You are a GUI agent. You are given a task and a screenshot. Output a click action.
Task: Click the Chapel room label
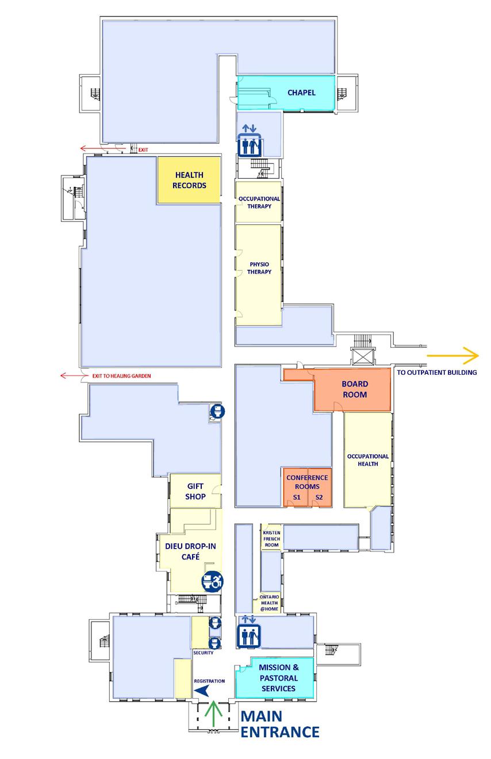(x=302, y=93)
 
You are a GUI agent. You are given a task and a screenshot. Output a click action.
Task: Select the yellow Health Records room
(x=189, y=180)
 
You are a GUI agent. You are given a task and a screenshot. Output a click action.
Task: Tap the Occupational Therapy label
(x=259, y=202)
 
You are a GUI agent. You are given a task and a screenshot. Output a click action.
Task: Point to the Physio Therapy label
(x=259, y=268)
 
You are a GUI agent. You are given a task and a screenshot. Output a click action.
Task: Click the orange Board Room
(x=354, y=389)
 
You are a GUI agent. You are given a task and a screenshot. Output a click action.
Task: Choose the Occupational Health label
(x=368, y=460)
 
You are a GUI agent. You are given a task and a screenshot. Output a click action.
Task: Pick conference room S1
(x=297, y=497)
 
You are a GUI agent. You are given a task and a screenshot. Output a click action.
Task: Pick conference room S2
(x=319, y=497)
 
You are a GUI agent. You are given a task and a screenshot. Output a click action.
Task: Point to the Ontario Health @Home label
(x=268, y=603)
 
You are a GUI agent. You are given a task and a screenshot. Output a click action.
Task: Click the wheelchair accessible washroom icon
(x=212, y=582)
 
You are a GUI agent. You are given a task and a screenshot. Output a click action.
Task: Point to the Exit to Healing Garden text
(x=121, y=376)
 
